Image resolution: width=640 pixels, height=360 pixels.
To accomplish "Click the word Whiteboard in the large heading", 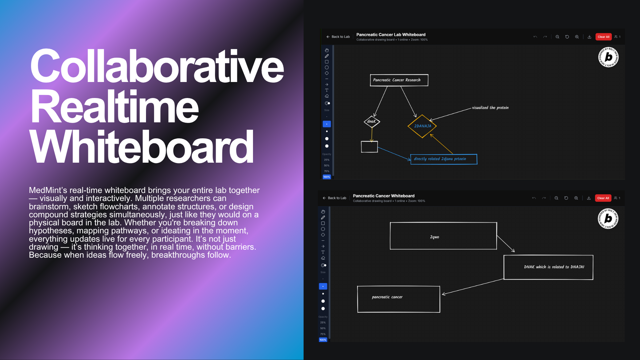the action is point(142,147).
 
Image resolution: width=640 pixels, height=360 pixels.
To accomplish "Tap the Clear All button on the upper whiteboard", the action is point(603,37).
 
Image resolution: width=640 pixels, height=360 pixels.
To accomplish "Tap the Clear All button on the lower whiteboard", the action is point(603,198).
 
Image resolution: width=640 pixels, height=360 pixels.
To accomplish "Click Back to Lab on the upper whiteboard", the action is point(338,37).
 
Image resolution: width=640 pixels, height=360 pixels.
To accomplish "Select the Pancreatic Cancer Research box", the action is point(399,80).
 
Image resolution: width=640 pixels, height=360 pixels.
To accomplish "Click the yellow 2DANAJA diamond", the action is point(422,126).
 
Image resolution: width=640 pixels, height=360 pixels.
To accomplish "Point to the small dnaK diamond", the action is point(372,122).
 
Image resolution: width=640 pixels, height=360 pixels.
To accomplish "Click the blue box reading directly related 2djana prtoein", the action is point(443,159).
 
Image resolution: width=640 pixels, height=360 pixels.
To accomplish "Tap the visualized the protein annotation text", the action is point(490,108).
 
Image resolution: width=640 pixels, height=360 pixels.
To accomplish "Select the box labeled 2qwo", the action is point(443,236).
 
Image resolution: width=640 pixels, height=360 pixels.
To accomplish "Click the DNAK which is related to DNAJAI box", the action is point(548,267).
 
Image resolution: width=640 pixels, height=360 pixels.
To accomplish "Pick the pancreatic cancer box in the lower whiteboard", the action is point(398,299).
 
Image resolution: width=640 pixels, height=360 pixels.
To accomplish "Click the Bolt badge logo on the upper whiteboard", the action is point(608,57).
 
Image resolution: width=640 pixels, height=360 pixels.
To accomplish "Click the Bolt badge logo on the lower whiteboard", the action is point(608,219).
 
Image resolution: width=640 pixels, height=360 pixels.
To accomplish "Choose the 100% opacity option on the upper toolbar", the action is point(327,177).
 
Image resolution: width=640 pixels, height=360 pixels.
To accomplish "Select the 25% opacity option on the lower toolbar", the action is point(323,323).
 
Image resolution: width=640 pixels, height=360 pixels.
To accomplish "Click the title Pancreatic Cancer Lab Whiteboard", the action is point(391,35).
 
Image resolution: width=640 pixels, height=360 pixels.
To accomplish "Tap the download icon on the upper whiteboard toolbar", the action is point(589,37).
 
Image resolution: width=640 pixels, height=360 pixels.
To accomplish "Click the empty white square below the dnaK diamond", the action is point(369,147).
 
